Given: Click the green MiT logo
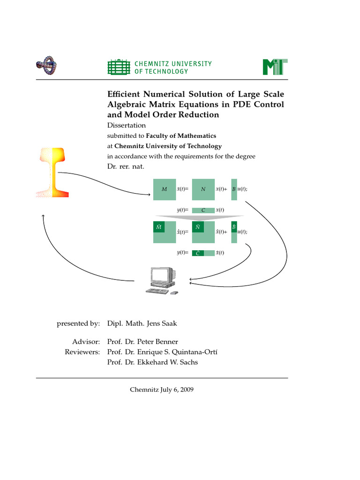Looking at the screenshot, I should click(275, 67).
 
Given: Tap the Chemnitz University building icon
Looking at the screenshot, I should click(118, 67).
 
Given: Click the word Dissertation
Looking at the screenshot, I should click(127, 125).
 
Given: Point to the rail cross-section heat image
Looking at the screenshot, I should click(52, 172).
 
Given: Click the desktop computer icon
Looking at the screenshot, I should click(162, 281).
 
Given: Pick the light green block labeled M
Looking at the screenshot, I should click(164, 189).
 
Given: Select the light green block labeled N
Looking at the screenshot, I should click(203, 189).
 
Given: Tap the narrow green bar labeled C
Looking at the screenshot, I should click(203, 210).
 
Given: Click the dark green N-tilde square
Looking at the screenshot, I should click(197, 226).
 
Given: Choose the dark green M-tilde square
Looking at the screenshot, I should click(158, 226).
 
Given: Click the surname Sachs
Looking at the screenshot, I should click(188, 362).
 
